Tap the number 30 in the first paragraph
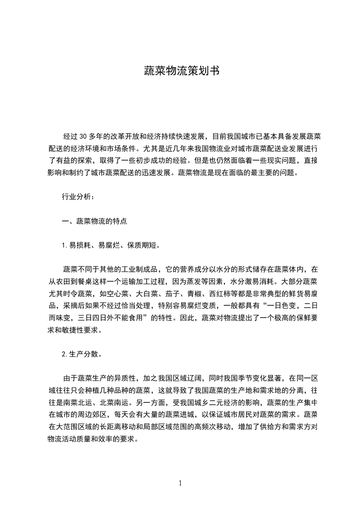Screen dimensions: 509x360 click(x=83, y=137)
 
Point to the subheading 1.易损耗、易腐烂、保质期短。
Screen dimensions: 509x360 click(x=110, y=245)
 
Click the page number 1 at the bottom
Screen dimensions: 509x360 click(x=180, y=483)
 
